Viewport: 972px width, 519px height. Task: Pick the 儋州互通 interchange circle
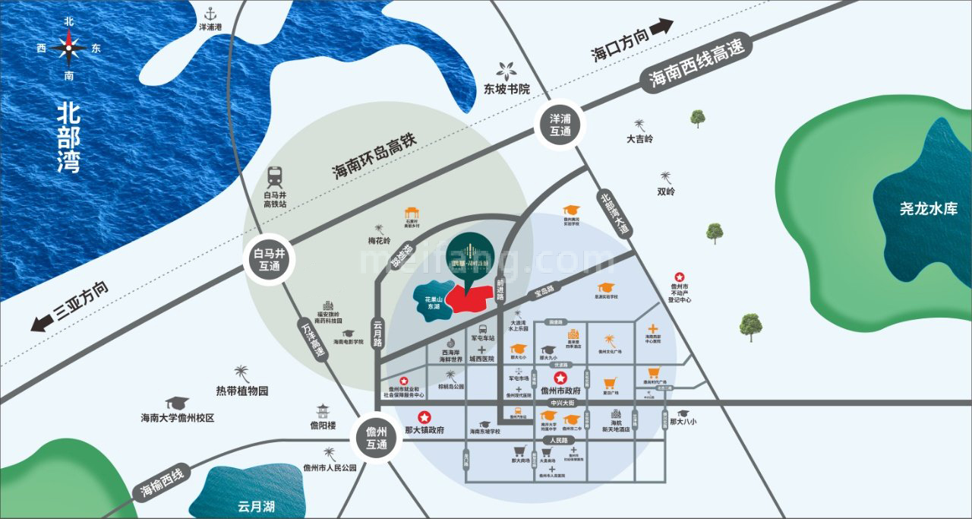(376, 438)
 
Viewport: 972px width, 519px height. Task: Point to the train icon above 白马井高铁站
(274, 177)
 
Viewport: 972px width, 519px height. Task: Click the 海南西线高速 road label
(696, 65)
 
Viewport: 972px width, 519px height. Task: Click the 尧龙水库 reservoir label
(929, 208)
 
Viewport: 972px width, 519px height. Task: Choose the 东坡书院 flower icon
(506, 70)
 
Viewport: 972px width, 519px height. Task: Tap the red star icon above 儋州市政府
(560, 377)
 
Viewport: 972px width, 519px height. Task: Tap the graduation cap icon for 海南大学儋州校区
(177, 403)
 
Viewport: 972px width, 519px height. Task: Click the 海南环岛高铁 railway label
(377, 158)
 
